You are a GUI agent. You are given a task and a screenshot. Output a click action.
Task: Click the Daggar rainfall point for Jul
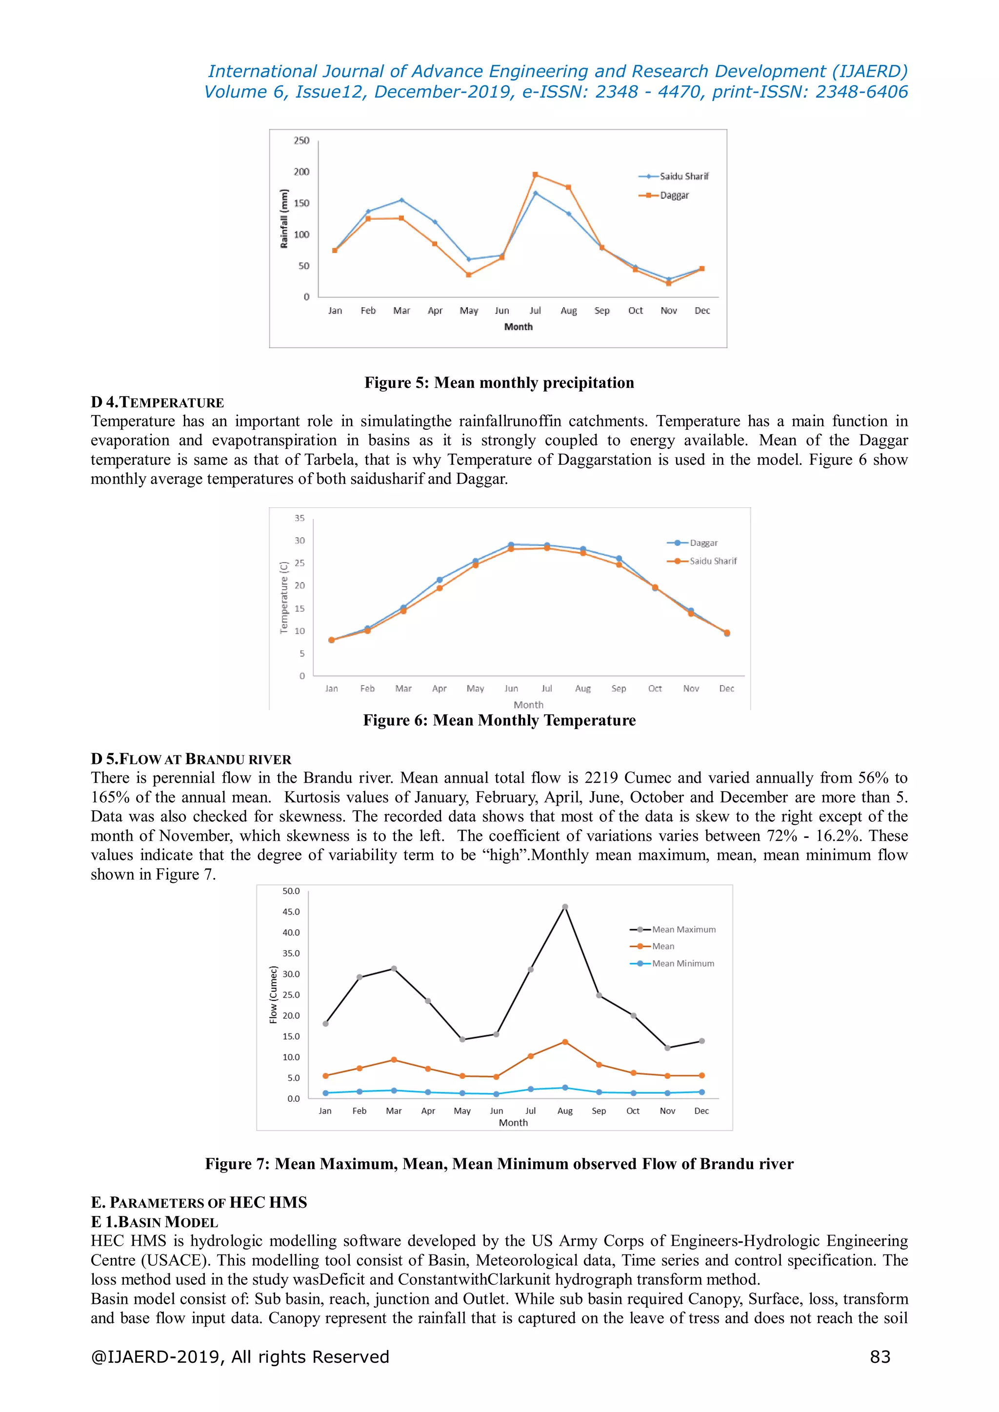click(x=535, y=175)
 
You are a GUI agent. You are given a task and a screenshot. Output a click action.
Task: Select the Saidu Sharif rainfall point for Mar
click(x=401, y=200)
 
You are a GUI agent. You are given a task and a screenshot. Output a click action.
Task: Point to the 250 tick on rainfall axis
click(x=301, y=141)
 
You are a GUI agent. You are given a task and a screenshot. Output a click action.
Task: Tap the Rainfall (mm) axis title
click(x=283, y=219)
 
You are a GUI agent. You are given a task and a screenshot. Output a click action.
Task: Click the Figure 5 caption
click(x=499, y=382)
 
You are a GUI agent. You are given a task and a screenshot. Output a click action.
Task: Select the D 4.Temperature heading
click(x=158, y=402)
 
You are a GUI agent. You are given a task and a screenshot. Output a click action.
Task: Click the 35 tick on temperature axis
click(x=300, y=518)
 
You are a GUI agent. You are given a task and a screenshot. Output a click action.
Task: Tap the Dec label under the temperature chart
click(x=726, y=688)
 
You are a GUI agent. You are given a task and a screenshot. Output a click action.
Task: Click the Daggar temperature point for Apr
click(x=439, y=580)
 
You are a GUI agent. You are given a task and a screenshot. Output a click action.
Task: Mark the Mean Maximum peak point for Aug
click(x=565, y=907)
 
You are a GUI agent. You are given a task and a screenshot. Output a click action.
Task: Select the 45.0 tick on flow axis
click(x=291, y=912)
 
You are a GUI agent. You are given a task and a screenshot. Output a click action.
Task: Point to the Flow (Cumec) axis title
click(x=273, y=994)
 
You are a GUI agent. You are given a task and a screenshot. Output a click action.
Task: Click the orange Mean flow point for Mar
click(x=394, y=1060)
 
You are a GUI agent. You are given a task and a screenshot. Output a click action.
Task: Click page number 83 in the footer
click(x=879, y=1357)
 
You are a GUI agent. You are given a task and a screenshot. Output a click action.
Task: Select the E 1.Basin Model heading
click(x=155, y=1221)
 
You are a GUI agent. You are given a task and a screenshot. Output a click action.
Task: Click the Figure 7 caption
click(x=499, y=1164)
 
